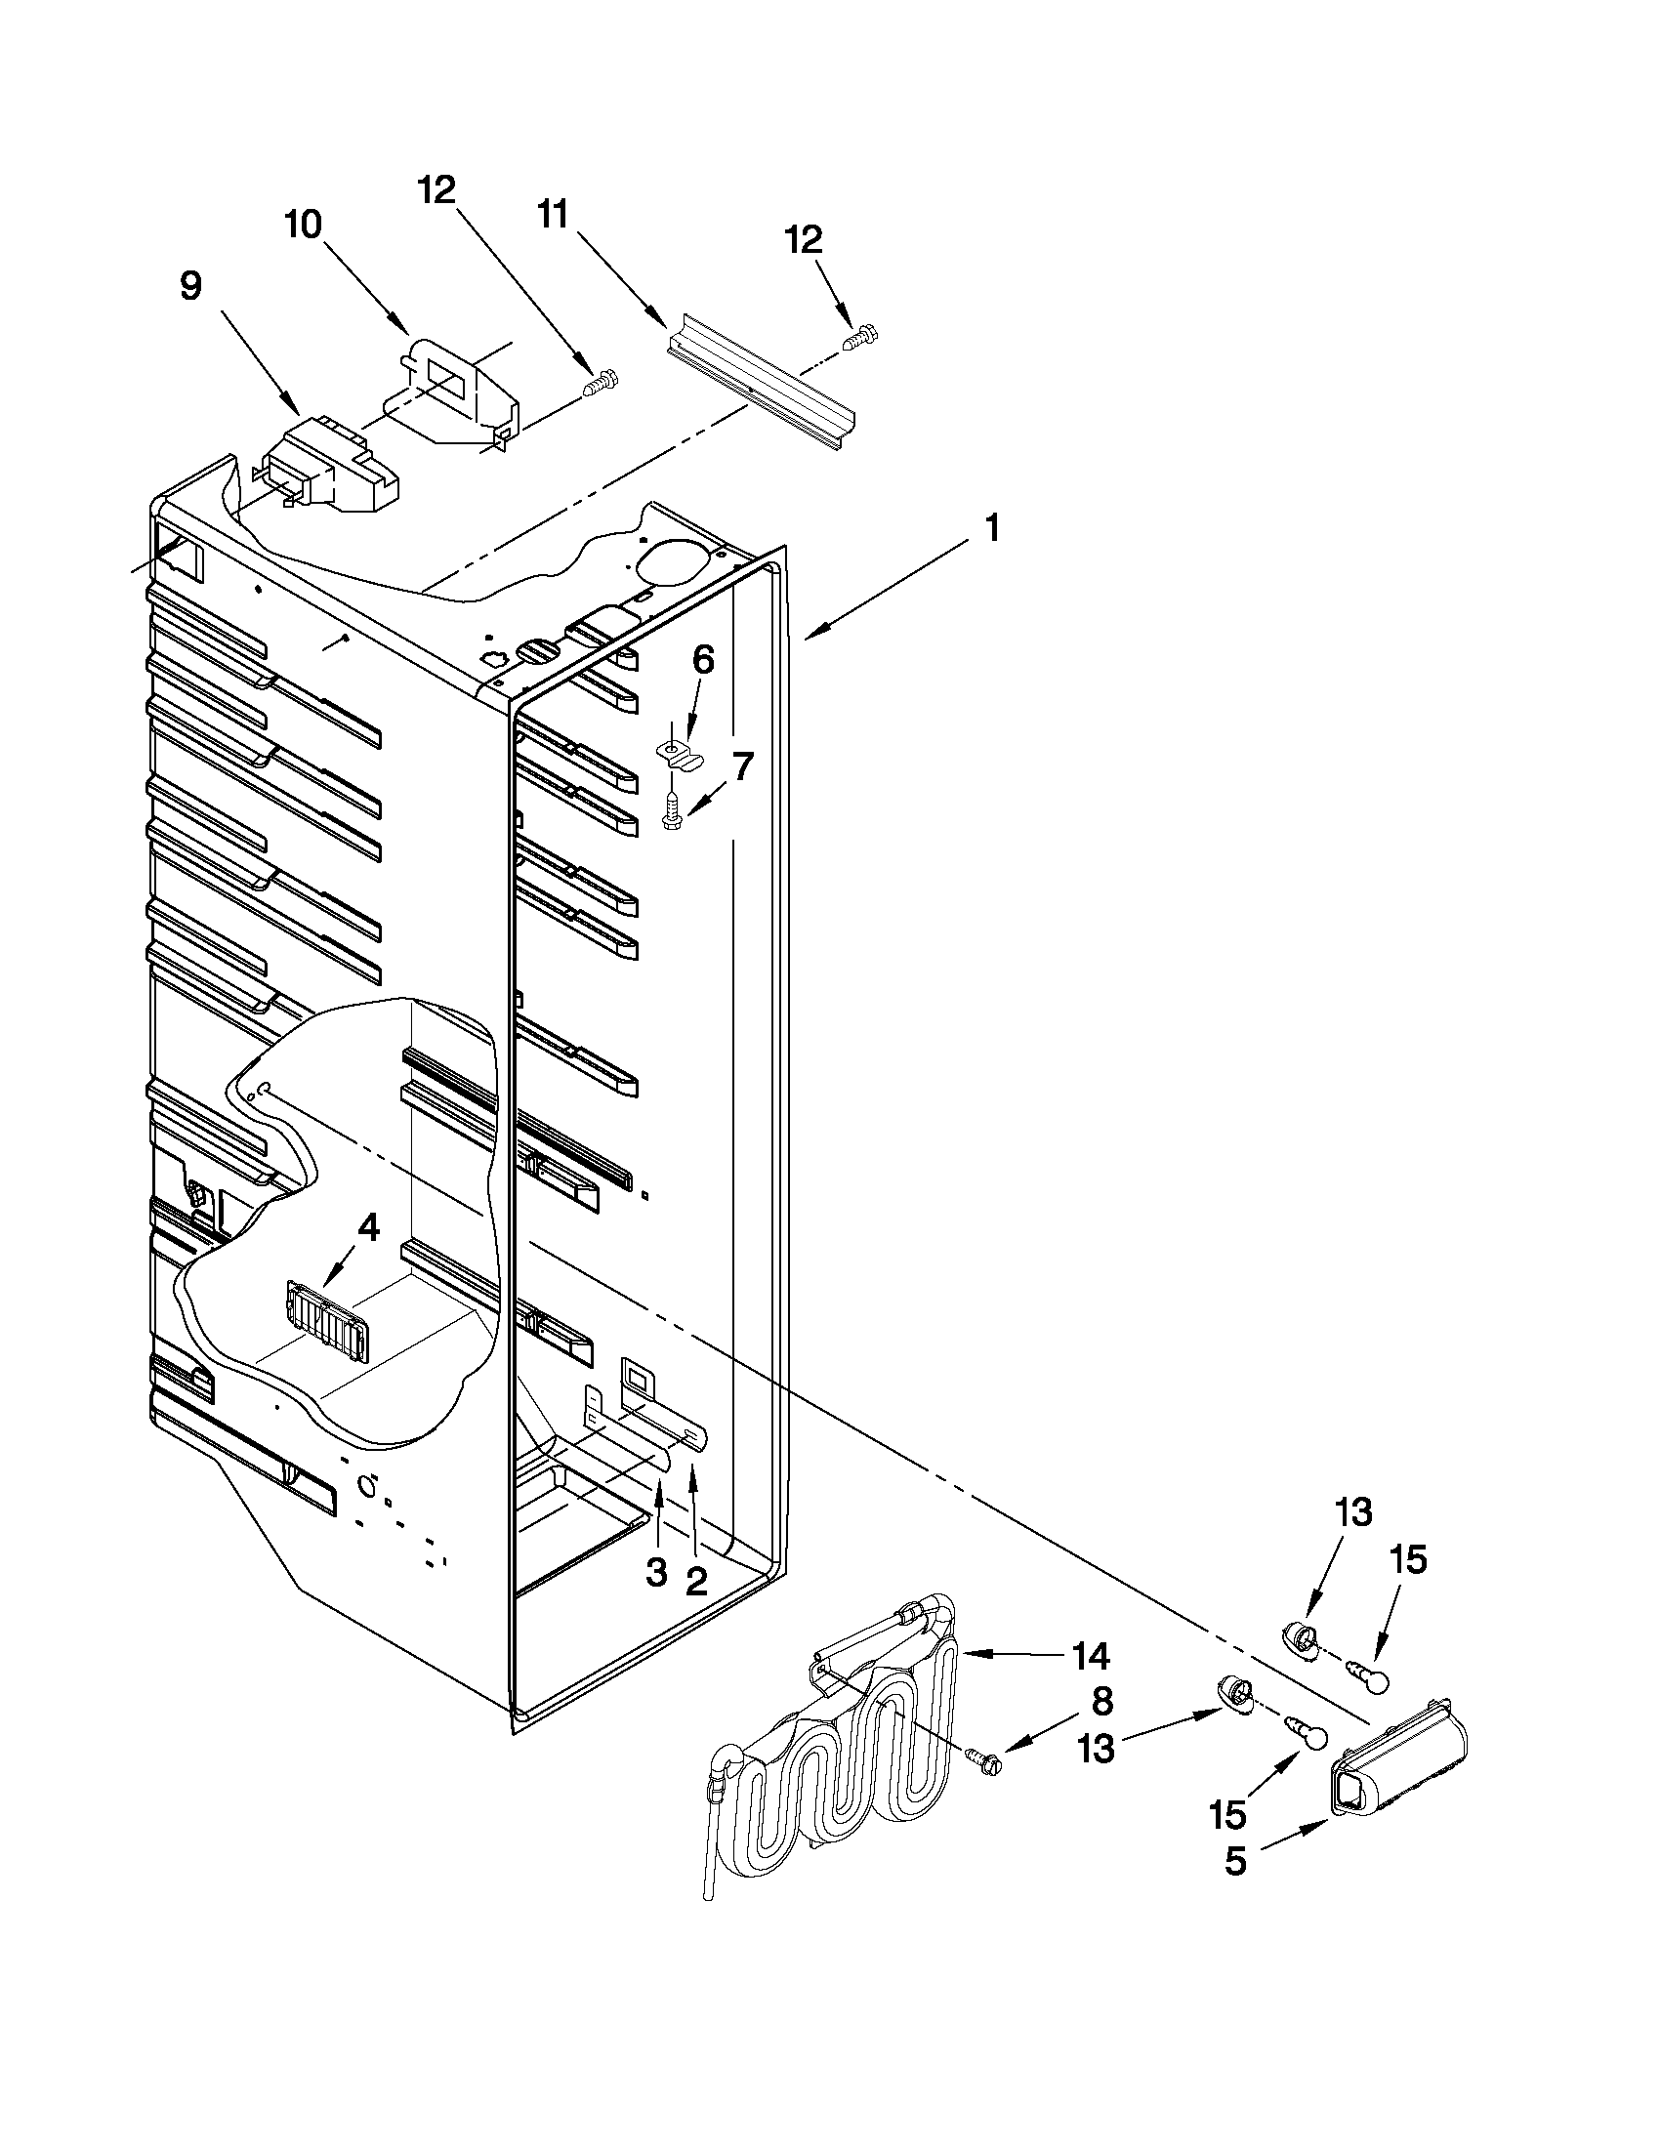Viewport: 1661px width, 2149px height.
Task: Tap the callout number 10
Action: [x=303, y=225]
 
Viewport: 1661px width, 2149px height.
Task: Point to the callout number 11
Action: [x=553, y=214]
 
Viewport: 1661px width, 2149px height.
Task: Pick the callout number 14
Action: [x=1090, y=1657]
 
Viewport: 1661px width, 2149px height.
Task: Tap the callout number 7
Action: [x=742, y=765]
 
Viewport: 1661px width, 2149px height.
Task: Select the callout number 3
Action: [x=656, y=1572]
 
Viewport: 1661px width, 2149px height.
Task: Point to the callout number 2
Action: [x=695, y=1582]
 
